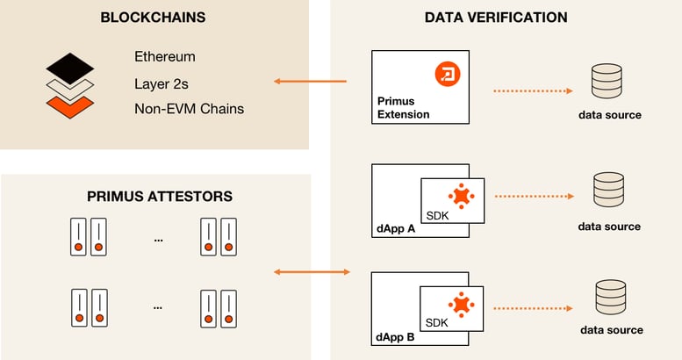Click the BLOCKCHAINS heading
coord(153,18)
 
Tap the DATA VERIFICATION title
coord(496,18)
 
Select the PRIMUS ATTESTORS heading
coord(160,197)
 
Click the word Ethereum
coord(165,56)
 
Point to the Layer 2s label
coord(162,83)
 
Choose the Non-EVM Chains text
coord(190,108)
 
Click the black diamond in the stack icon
coord(70,68)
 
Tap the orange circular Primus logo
coord(448,74)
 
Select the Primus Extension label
coord(403,107)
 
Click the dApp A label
coord(396,228)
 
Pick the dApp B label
coord(395,337)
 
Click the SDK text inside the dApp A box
coord(437,215)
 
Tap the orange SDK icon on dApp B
coord(461,305)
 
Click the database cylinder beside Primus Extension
coord(607,81)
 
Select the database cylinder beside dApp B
coord(611,297)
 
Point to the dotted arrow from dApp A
coord(535,197)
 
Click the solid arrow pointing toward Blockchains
coord(310,81)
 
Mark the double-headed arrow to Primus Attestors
coord(312,272)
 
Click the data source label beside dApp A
coord(609,227)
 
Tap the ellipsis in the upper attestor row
coord(158,240)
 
